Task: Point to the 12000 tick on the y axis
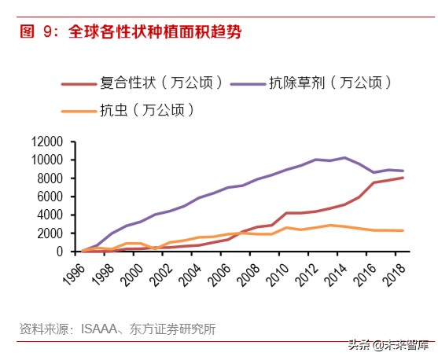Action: point(48,142)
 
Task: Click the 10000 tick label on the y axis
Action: point(48,160)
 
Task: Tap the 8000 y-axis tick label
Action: point(51,178)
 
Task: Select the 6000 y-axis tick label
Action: point(51,197)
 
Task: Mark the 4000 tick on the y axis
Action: point(51,215)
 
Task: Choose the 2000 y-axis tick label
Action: point(51,233)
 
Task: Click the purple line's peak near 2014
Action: point(344,158)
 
